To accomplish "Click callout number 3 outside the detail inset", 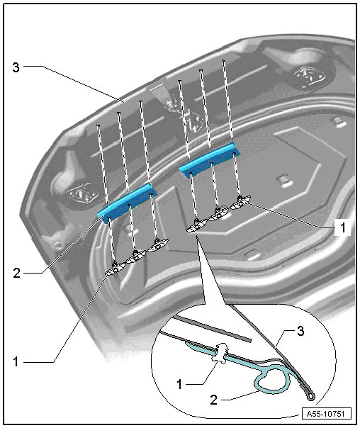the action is coord(16,67).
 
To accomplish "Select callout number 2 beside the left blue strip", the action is coord(16,273).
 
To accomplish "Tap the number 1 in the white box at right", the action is coord(342,227).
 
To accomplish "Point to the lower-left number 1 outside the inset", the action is coord(16,361).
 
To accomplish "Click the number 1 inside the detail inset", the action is coord(179,384).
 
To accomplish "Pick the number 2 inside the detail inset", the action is coord(214,400).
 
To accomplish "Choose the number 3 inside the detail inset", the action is coord(300,331).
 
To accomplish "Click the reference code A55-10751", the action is coord(325,414).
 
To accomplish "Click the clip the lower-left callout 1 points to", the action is coord(116,269).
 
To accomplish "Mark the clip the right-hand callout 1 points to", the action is coord(240,203).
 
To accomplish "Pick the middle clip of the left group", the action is coord(135,257).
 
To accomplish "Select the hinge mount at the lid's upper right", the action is coord(308,77).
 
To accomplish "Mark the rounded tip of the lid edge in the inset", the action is coord(310,396).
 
